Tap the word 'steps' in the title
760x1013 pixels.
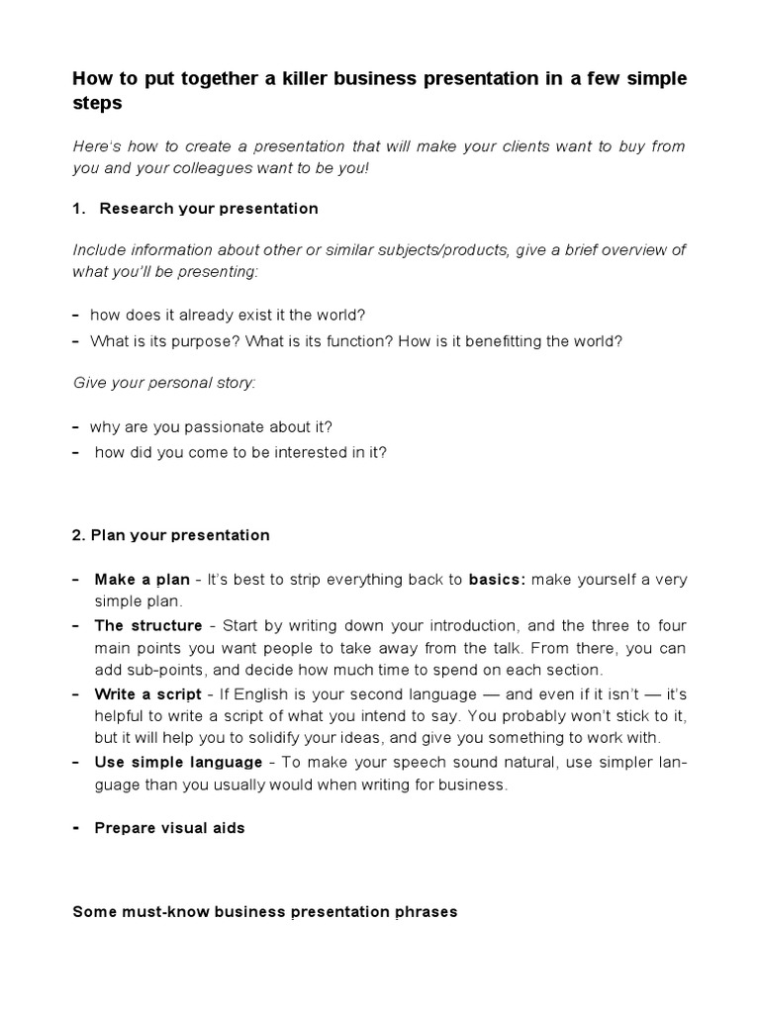[x=96, y=103]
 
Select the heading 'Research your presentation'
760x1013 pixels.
[x=209, y=209]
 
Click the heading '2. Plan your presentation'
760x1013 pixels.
[x=171, y=535]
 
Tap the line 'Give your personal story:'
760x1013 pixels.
[x=164, y=382]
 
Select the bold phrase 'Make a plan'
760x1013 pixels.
[x=142, y=580]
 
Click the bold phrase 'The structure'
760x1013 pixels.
[x=147, y=626]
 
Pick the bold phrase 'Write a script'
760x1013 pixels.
[x=147, y=693]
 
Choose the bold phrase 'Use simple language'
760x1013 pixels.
[x=178, y=762]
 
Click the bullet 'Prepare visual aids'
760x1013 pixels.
[x=169, y=828]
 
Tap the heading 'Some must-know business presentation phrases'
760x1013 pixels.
[x=265, y=911]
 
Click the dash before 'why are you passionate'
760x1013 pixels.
[x=76, y=427]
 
